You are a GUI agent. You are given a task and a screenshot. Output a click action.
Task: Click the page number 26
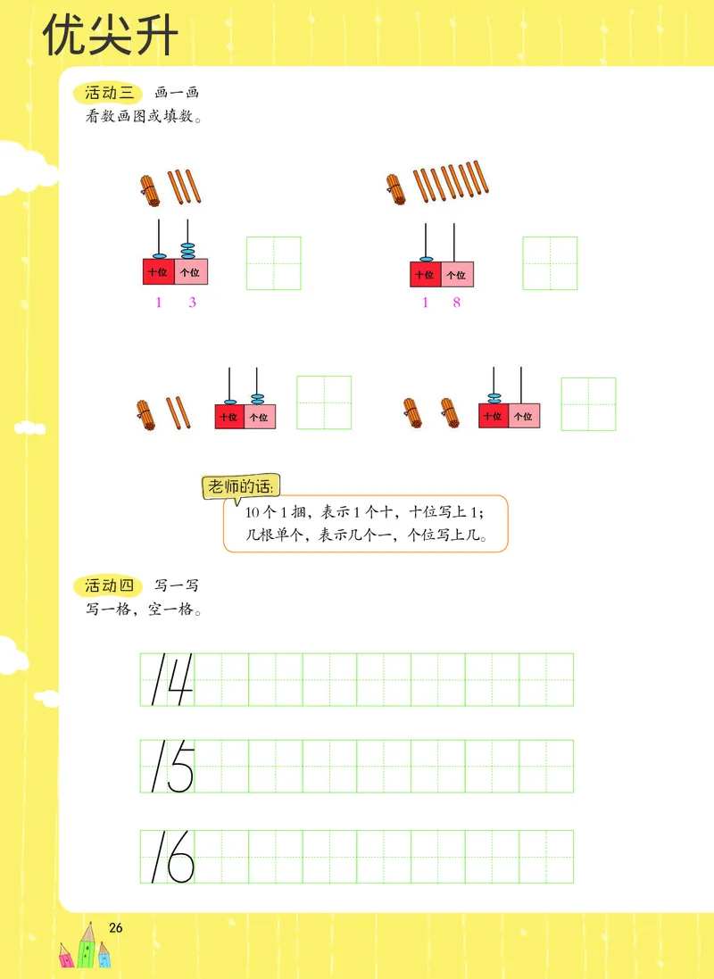pos(115,927)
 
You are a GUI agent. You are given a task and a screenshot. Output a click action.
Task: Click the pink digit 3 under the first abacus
pos(192,303)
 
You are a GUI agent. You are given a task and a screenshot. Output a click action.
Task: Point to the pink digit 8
pos(457,303)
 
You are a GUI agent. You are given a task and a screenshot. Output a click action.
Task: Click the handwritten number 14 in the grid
pos(171,679)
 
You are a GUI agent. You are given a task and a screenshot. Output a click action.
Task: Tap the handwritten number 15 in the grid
pos(171,767)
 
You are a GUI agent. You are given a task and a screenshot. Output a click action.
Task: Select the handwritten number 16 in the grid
pos(171,857)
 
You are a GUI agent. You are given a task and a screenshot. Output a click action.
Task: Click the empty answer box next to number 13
pos(274,263)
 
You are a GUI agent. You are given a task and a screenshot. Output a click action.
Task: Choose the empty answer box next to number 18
pos(550,263)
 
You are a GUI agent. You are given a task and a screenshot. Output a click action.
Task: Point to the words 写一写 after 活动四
pos(176,586)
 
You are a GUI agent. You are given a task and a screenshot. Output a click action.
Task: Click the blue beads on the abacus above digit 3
pos(188,250)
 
